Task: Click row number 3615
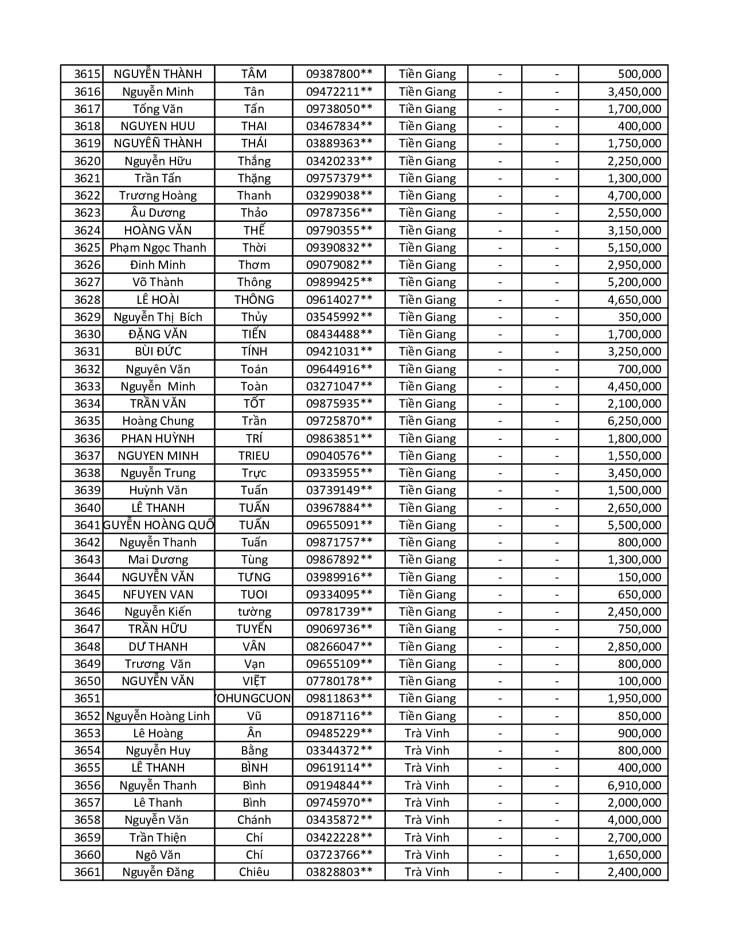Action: coord(87,74)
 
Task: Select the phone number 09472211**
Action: coord(339,92)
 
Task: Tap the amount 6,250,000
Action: coord(634,421)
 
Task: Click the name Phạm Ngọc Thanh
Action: coord(158,248)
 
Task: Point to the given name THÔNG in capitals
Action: coord(254,300)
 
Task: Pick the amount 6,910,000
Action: coord(634,785)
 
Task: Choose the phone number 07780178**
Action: coord(339,681)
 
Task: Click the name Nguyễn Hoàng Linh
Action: coord(158,716)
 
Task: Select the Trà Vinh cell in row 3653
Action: coord(427,733)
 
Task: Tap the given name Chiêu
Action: coord(254,872)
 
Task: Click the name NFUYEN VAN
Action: coord(158,595)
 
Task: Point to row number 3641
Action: coord(87,525)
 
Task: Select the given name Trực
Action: coord(254,473)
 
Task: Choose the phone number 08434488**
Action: coord(339,334)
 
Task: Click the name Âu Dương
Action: coord(158,213)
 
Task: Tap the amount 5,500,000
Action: coord(634,525)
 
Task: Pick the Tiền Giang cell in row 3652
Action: coord(427,716)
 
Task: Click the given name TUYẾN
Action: coord(254,629)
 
